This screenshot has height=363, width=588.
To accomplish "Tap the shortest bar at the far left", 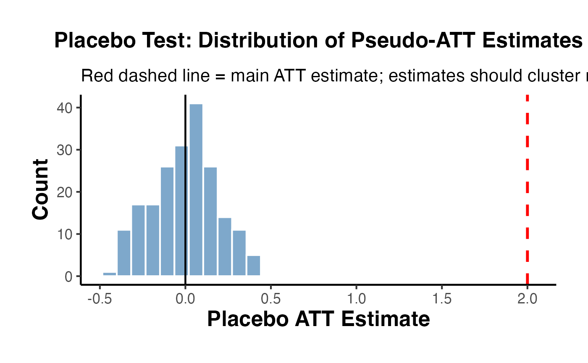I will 110,274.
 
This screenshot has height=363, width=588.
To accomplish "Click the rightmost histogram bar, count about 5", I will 254,266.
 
